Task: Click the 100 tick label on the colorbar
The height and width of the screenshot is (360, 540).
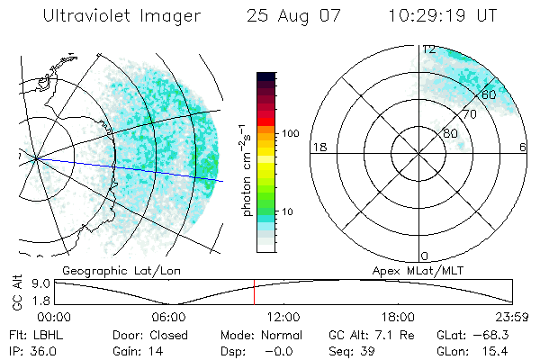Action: click(x=290, y=133)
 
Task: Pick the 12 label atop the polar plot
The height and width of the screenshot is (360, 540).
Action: click(x=429, y=49)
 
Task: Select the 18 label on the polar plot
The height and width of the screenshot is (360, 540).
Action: click(x=318, y=148)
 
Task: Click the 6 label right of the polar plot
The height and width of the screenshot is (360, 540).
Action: click(x=524, y=148)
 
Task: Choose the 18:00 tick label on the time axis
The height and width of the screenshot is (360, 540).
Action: click(x=398, y=317)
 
